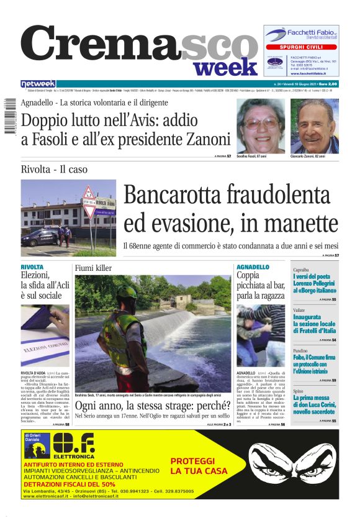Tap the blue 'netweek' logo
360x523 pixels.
click(x=38, y=83)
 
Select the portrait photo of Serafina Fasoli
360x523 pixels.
click(x=261, y=126)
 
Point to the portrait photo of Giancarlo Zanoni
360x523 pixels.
click(x=315, y=126)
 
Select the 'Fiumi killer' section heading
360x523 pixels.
click(x=93, y=268)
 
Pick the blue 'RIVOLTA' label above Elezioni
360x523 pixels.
click(x=32, y=266)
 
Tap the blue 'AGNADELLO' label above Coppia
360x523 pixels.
click(x=253, y=266)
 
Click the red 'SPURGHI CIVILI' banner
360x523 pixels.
click(x=301, y=47)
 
